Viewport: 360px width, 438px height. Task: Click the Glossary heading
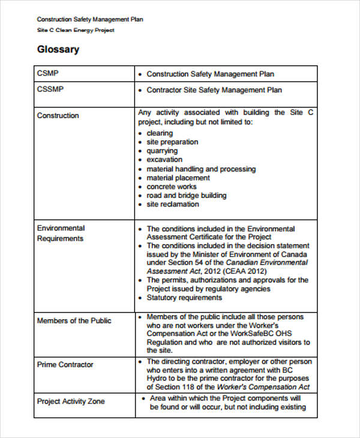[58, 50]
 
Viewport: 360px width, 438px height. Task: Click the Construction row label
[58, 115]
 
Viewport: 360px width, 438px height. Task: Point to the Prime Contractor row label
[65, 364]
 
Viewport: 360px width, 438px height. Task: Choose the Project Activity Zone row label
[70, 401]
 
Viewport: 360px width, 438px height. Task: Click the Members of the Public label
[74, 320]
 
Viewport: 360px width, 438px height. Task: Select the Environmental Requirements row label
[61, 233]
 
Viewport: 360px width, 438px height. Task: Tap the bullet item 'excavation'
[164, 160]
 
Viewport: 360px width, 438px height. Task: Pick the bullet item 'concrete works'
[171, 187]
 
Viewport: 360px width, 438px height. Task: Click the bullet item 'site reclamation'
[172, 204]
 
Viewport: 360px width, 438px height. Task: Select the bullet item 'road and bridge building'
[187, 195]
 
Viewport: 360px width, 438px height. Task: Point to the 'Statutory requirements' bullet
[184, 298]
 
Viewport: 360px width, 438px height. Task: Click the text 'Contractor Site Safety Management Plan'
[214, 90]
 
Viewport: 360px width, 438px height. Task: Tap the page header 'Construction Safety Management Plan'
[90, 20]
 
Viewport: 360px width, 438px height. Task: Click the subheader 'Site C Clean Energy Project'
[76, 30]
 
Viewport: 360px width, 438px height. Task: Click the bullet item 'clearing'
[160, 133]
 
